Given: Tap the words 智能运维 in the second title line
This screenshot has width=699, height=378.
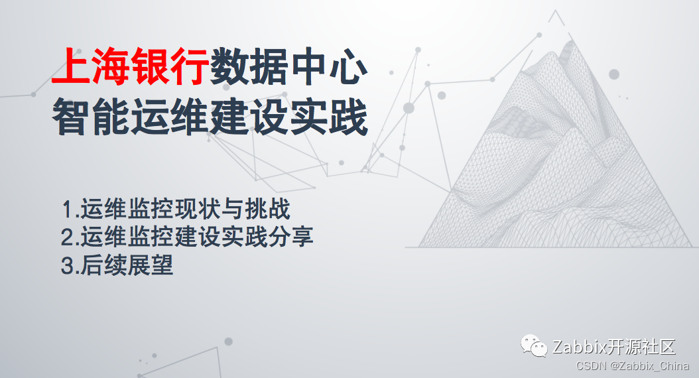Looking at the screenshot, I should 131,117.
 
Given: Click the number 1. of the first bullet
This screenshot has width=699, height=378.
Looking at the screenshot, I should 69,210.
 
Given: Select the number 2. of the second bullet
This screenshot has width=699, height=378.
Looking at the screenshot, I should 69,237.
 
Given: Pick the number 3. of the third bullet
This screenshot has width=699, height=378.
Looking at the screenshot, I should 69,265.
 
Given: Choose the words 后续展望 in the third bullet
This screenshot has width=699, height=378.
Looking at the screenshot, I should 127,265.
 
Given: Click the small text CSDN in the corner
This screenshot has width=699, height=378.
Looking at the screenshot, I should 589,366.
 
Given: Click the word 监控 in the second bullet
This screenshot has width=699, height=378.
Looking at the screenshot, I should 150,237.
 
